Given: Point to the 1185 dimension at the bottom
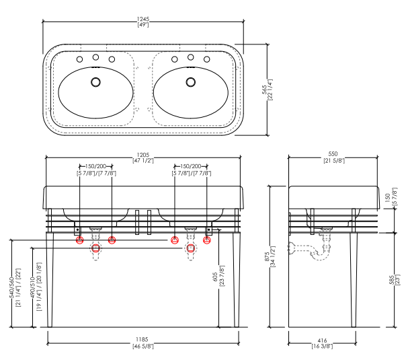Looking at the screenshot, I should point(143,340).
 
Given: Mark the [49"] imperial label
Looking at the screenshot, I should point(143,25).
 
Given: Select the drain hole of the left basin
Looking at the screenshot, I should point(95,83).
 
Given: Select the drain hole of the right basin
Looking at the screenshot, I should point(191,83).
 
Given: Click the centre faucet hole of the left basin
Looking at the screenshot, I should point(95,57).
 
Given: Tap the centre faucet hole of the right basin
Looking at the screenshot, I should point(191,57).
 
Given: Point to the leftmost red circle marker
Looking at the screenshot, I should point(80,240).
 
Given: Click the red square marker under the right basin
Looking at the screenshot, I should point(192,248).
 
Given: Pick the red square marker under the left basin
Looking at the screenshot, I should point(95,248).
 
